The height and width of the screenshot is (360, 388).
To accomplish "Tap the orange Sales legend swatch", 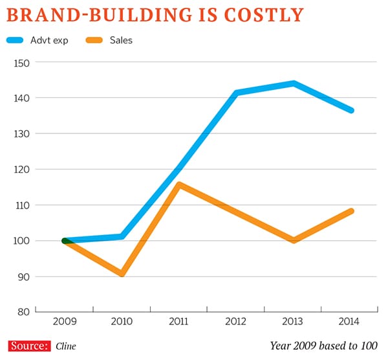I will pos(96,41).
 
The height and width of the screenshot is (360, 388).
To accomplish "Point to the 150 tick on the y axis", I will pos(22,63).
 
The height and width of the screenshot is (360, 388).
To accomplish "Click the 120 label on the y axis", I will pos(22,170).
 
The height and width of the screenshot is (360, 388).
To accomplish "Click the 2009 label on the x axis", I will pos(65,321).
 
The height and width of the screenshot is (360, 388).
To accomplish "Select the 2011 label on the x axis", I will pos(180,321).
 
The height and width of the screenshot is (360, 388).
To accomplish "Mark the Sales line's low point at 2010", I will pos(122,274).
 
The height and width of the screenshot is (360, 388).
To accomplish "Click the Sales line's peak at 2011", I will pos(179,185).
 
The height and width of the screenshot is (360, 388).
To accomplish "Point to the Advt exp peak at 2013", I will pos(294,83).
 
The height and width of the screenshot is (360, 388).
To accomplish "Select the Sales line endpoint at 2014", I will pos(351,211).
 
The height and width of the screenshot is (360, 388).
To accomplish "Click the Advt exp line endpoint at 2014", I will pos(351,111).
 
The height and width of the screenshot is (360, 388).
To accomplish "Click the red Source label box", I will pos(29,346).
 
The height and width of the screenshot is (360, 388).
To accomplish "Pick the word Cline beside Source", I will pos(65,346).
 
